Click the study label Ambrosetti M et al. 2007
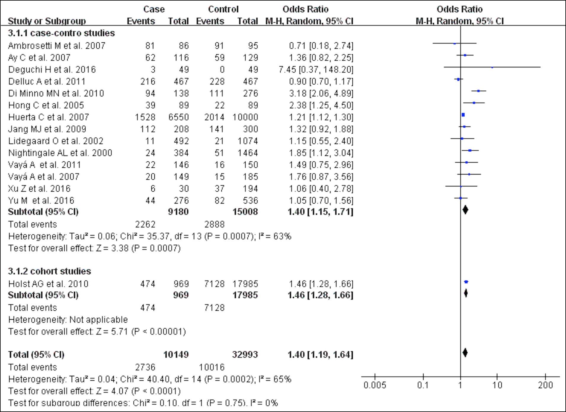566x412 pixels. pos(57,46)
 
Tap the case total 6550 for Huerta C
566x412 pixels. pos(178,117)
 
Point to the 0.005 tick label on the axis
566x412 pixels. pos(375,385)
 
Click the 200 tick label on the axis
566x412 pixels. pos(545,385)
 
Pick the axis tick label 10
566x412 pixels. pos(497,385)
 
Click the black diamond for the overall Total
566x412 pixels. pos(465,352)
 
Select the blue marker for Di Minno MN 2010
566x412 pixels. pos(478,91)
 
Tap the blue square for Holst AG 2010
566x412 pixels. pos(466,282)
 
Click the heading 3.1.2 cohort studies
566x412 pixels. pos(49,271)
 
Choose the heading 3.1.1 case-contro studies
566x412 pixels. pos(61,33)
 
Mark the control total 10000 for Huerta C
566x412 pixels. pos(245,117)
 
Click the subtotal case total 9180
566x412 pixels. pos(178,212)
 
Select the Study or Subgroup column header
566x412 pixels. pos(47,21)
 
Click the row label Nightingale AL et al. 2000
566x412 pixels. pos(60,153)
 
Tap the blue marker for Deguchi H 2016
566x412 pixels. pos(492,67)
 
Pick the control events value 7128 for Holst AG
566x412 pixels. pos(214,284)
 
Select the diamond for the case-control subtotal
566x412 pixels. pos(465,210)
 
